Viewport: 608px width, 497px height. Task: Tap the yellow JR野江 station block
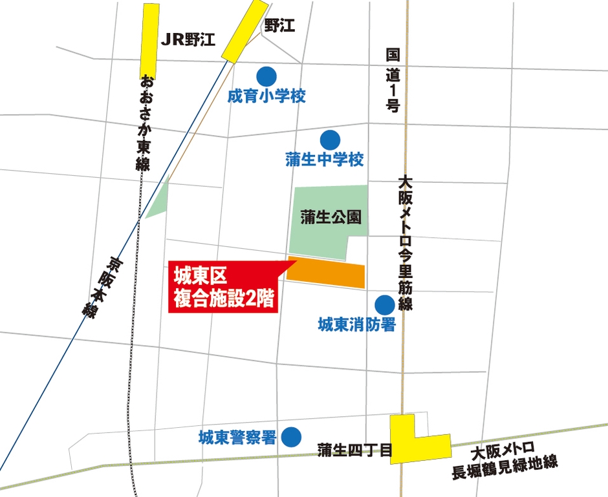click(x=150, y=41)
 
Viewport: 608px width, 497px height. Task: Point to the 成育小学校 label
click(x=266, y=97)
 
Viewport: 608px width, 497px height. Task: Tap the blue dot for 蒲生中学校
click(x=331, y=139)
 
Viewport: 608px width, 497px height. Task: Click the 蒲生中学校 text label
click(x=325, y=160)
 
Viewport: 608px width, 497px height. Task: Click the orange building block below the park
click(x=327, y=273)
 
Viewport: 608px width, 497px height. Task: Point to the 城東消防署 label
click(x=356, y=325)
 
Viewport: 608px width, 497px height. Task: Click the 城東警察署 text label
click(x=237, y=438)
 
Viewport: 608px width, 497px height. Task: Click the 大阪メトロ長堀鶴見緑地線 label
click(x=505, y=457)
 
